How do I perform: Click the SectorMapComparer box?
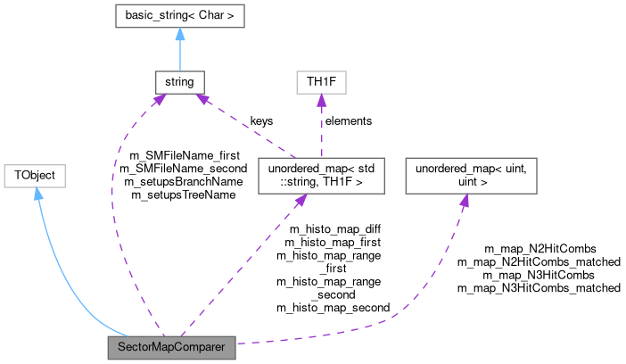(171, 348)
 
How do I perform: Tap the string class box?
(179, 83)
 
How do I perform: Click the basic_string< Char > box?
(180, 16)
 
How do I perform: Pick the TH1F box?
(320, 83)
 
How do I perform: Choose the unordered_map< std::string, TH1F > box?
(320, 176)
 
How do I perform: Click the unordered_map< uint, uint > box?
(471, 176)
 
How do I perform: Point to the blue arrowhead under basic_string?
(180, 35)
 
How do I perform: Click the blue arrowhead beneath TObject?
(38, 194)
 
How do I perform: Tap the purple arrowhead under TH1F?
(320, 102)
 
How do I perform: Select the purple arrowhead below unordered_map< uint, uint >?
(465, 201)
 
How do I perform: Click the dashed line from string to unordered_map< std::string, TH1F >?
(245, 125)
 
